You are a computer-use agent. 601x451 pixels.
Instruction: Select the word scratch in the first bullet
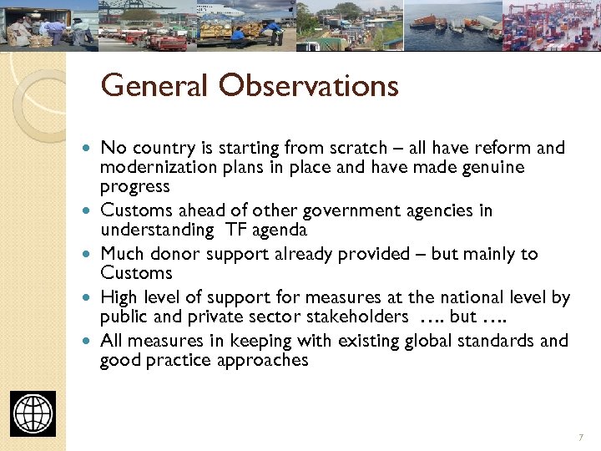353,149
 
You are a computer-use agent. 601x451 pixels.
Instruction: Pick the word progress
134,187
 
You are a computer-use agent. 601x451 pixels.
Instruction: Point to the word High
119,297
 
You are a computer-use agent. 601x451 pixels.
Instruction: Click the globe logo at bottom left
33,413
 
